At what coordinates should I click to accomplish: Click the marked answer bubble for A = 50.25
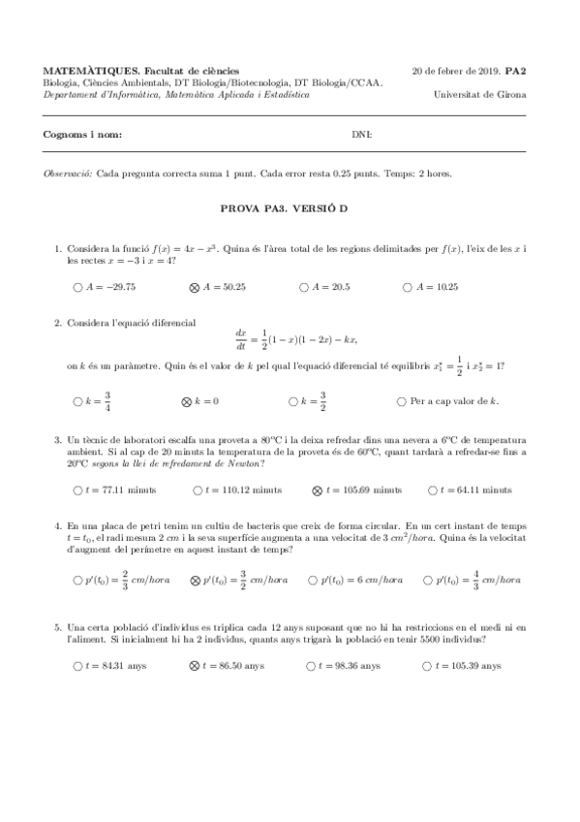[x=194, y=287]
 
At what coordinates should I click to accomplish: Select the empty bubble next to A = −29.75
[x=77, y=287]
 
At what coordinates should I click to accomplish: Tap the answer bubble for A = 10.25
[x=403, y=287]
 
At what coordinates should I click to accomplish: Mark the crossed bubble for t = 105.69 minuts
[x=317, y=490]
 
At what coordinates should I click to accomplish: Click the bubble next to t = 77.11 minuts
[x=77, y=490]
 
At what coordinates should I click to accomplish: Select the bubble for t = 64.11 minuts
[x=430, y=490]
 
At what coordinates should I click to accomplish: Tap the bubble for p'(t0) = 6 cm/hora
[x=312, y=580]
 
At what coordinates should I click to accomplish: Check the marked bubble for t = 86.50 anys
[x=194, y=666]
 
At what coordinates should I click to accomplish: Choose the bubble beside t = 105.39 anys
[x=427, y=666]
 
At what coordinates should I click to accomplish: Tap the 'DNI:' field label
[x=361, y=134]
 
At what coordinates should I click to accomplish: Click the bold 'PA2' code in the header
[x=513, y=71]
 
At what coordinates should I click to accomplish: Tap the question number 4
[x=58, y=524]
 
